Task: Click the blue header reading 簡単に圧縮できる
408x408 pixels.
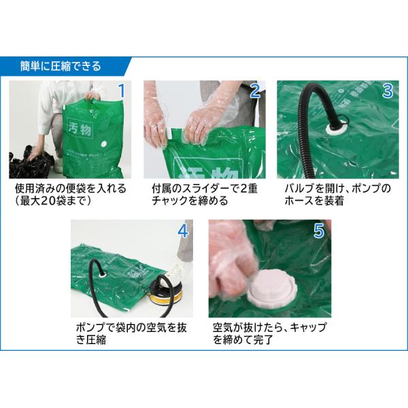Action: coord(61,66)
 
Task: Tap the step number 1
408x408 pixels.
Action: coord(122,91)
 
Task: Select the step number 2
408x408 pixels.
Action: coord(255,91)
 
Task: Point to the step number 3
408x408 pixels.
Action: coord(388,91)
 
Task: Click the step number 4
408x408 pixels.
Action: coord(183,231)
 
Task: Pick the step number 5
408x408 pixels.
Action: coord(319,231)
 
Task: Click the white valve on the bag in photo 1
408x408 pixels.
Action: coord(103,144)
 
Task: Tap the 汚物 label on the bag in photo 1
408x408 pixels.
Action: coord(80,128)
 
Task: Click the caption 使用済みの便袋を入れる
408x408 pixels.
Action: coord(71,188)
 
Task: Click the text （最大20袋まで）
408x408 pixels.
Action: coord(53,201)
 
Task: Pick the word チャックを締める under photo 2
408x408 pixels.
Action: coord(190,201)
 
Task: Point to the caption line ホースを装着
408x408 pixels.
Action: coord(314,201)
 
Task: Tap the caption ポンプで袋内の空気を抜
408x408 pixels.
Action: coord(131,328)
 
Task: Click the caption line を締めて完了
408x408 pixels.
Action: coord(243,340)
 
